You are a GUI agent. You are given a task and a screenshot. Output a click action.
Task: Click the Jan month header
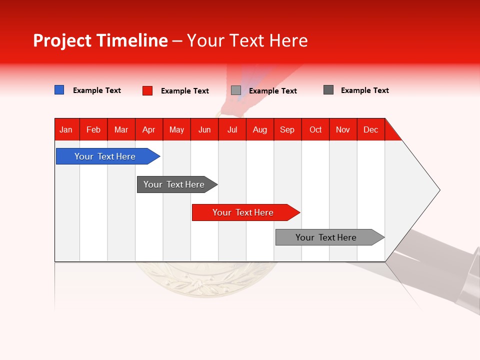click(66, 129)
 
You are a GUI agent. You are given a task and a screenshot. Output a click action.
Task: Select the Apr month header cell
click(149, 129)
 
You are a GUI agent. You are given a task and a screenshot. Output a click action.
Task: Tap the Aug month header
click(260, 129)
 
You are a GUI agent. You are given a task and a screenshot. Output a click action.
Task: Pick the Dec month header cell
click(370, 129)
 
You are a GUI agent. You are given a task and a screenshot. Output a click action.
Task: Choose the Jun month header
click(204, 129)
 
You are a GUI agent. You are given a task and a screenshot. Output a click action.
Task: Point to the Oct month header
click(315, 129)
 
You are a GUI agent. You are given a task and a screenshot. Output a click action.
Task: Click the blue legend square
click(59, 90)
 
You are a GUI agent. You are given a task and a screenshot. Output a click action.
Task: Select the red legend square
click(147, 90)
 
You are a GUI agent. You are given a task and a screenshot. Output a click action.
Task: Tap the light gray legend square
click(236, 90)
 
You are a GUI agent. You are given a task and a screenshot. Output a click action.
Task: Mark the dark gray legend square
click(328, 90)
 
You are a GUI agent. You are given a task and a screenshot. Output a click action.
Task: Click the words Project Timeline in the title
click(100, 40)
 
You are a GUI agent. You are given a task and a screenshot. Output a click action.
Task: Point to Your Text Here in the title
click(247, 40)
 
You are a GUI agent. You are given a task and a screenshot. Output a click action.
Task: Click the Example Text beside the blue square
click(97, 90)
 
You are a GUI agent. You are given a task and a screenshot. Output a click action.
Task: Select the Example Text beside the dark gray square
click(365, 90)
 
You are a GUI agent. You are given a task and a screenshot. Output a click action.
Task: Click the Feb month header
click(93, 129)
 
